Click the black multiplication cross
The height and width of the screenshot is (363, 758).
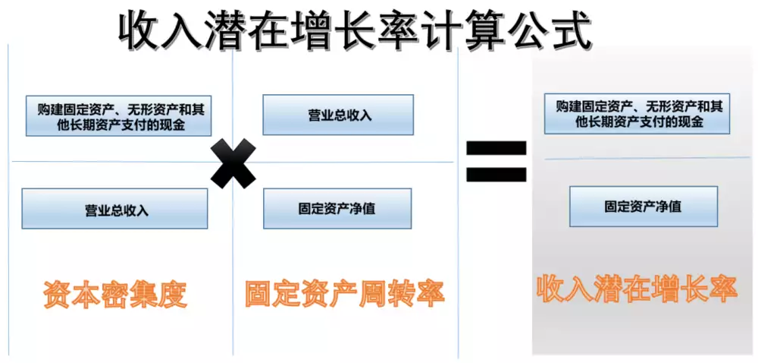click(234, 163)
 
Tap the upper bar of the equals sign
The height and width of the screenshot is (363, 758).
click(496, 147)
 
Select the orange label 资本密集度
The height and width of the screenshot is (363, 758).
click(115, 293)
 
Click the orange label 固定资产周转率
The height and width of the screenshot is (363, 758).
click(344, 293)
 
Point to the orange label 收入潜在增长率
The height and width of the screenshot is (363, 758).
click(637, 289)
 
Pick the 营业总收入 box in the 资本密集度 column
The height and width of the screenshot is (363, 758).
click(114, 209)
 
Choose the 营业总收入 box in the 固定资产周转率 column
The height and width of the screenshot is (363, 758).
click(338, 115)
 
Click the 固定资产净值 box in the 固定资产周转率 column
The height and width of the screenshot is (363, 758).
click(337, 209)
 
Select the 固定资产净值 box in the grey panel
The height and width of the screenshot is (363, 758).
click(644, 207)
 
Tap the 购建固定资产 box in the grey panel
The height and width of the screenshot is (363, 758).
click(637, 114)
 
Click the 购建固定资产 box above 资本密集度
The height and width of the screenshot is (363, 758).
click(118, 115)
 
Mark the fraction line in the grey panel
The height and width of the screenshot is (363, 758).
click(647, 158)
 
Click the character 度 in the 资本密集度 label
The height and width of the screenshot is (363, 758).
click(174, 293)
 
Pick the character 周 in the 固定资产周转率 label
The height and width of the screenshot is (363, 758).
click(373, 293)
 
